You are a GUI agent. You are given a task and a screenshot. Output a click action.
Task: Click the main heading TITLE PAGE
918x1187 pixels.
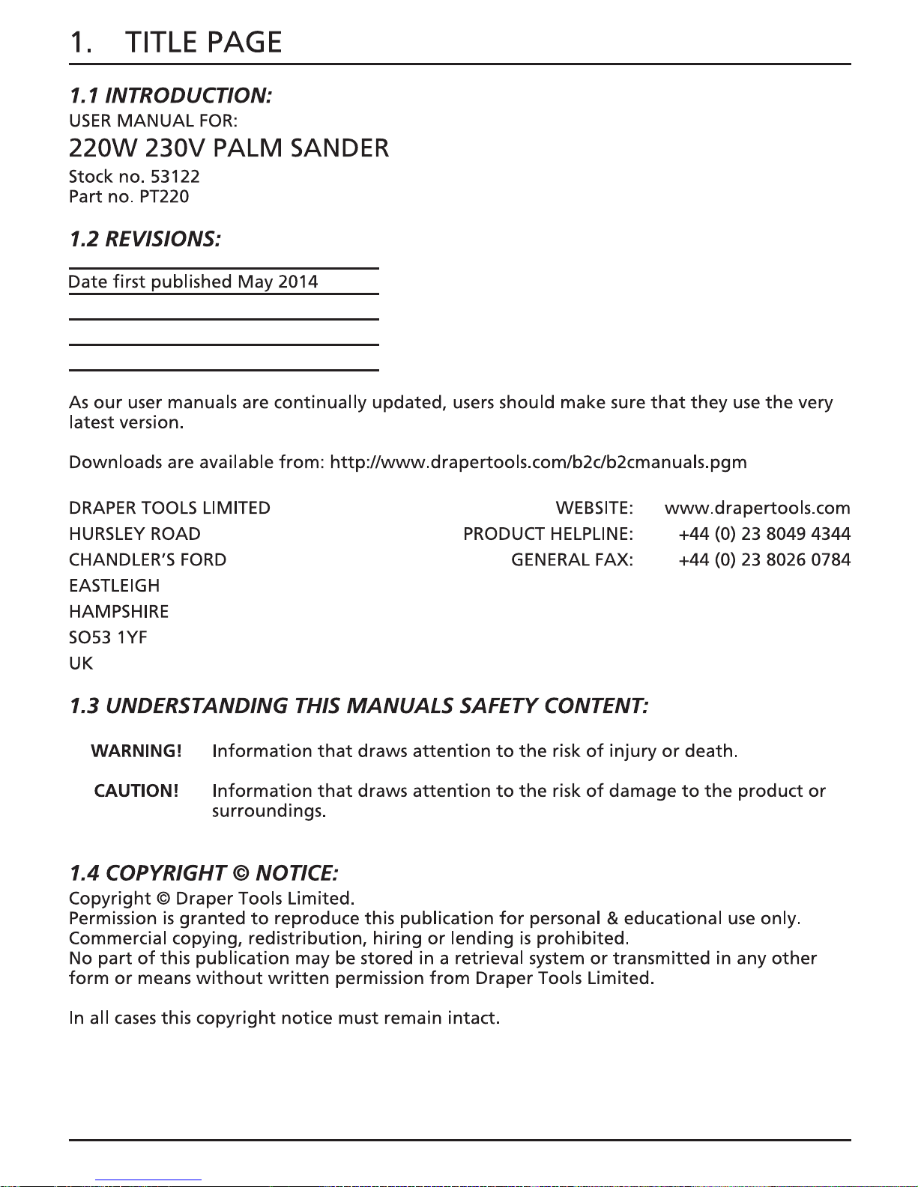(202, 43)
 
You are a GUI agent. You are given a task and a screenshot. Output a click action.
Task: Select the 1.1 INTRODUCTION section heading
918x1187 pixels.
(170, 96)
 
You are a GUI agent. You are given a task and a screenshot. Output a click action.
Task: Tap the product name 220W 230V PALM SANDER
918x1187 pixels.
(229, 148)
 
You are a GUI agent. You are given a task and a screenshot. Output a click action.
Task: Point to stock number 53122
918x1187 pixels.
(175, 177)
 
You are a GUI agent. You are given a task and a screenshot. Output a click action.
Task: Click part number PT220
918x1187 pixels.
(164, 197)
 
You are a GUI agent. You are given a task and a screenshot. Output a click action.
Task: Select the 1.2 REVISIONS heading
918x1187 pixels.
(145, 240)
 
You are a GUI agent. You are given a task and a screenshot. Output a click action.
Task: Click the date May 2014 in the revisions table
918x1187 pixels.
(277, 282)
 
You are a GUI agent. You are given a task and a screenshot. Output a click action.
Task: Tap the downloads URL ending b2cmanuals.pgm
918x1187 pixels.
(538, 462)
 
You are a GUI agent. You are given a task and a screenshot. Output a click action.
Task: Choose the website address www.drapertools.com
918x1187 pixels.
(757, 509)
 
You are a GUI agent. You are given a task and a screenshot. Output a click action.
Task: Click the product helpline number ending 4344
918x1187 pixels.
(764, 534)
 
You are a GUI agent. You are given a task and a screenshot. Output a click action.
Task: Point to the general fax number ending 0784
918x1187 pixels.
(764, 560)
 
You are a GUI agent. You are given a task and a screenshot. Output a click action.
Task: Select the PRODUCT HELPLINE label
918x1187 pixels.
(548, 534)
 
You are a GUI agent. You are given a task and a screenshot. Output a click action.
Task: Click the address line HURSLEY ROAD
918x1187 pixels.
(135, 534)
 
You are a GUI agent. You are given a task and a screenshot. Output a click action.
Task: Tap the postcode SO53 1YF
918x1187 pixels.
(108, 637)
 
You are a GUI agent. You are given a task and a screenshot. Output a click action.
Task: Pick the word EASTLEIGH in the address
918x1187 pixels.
(114, 586)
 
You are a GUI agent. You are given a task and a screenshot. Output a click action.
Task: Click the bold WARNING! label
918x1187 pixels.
(136, 751)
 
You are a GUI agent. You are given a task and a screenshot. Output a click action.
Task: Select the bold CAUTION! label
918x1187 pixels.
(136, 791)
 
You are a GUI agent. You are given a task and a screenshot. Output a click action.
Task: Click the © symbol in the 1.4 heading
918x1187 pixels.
(241, 874)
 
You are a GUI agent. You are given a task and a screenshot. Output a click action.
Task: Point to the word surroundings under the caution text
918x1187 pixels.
(268, 812)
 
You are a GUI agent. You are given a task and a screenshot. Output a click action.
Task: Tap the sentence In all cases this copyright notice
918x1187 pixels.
(284, 1018)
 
